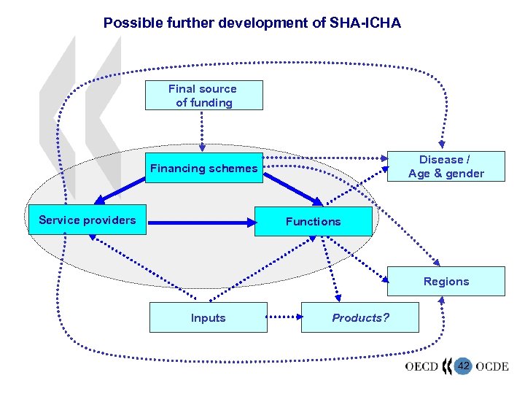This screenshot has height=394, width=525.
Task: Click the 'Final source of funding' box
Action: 203,96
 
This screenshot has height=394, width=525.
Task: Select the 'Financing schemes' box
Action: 203,169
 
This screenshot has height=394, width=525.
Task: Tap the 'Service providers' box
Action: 87,220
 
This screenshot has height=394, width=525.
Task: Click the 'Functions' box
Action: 313,221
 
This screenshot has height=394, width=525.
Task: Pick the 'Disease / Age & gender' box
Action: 446,166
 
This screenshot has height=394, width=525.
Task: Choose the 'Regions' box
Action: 446,282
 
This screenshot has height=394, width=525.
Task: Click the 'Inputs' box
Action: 208,318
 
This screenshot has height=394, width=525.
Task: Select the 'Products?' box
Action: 360,318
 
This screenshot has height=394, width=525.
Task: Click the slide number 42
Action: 463,366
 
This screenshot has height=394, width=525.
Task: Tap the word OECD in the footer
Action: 421,366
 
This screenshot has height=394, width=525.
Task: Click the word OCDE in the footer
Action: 491,366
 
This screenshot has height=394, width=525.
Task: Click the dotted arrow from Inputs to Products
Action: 284,317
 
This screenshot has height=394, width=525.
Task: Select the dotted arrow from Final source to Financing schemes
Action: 203,131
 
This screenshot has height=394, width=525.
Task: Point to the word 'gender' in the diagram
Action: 465,174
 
